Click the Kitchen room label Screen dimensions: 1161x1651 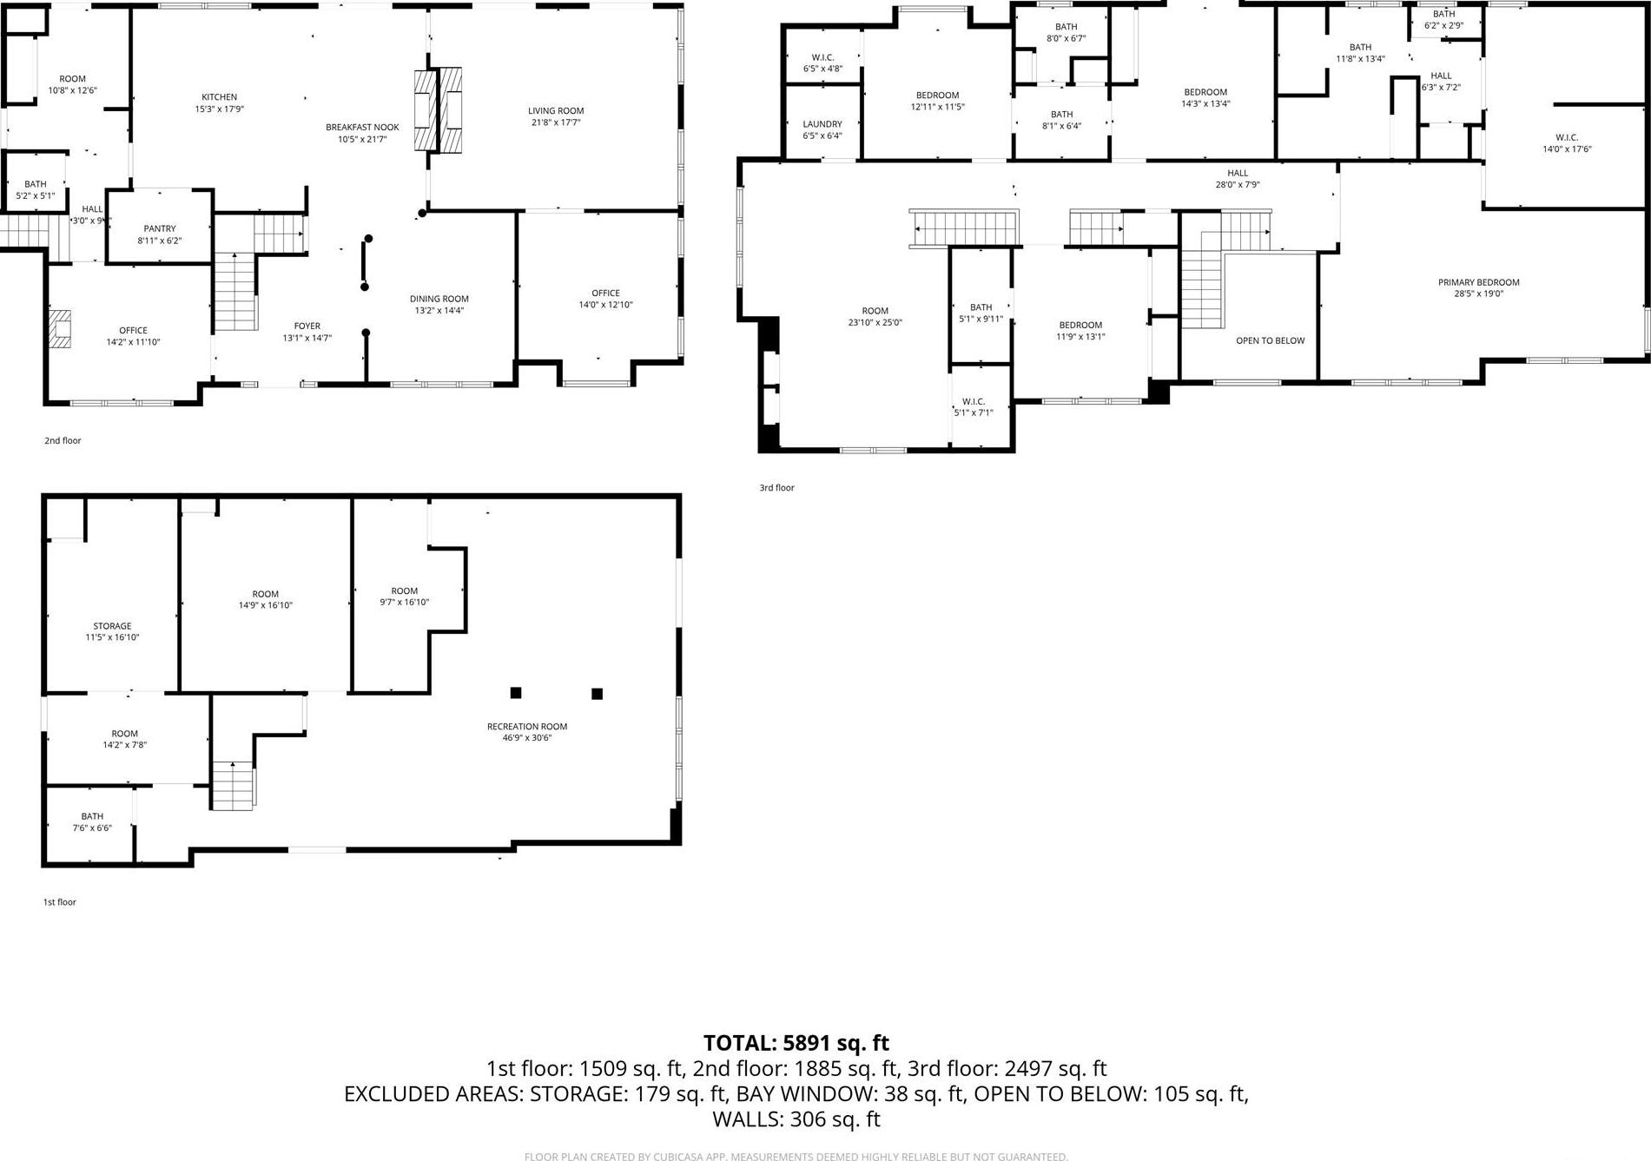tap(219, 97)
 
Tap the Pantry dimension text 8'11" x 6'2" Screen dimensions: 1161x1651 tap(160, 241)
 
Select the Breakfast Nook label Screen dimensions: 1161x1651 tap(362, 128)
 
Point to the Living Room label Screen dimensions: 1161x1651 tap(556, 110)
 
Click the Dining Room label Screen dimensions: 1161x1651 tap(439, 299)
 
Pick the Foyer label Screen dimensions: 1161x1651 tap(307, 326)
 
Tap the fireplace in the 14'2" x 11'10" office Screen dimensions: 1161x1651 tap(59, 329)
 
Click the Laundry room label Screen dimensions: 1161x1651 tap(822, 124)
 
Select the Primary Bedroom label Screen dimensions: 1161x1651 tap(1478, 282)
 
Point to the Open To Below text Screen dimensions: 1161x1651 tap(1270, 340)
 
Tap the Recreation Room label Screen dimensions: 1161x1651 tap(526, 727)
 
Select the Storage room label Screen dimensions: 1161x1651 tap(112, 626)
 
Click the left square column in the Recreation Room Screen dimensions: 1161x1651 tap(515, 692)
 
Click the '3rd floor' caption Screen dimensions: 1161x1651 tap(776, 488)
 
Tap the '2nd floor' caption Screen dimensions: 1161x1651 tap(63, 441)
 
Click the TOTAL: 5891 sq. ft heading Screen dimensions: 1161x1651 tap(796, 1043)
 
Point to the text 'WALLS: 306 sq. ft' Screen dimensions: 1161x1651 tap(796, 1120)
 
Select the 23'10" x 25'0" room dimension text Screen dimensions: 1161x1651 tap(875, 322)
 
